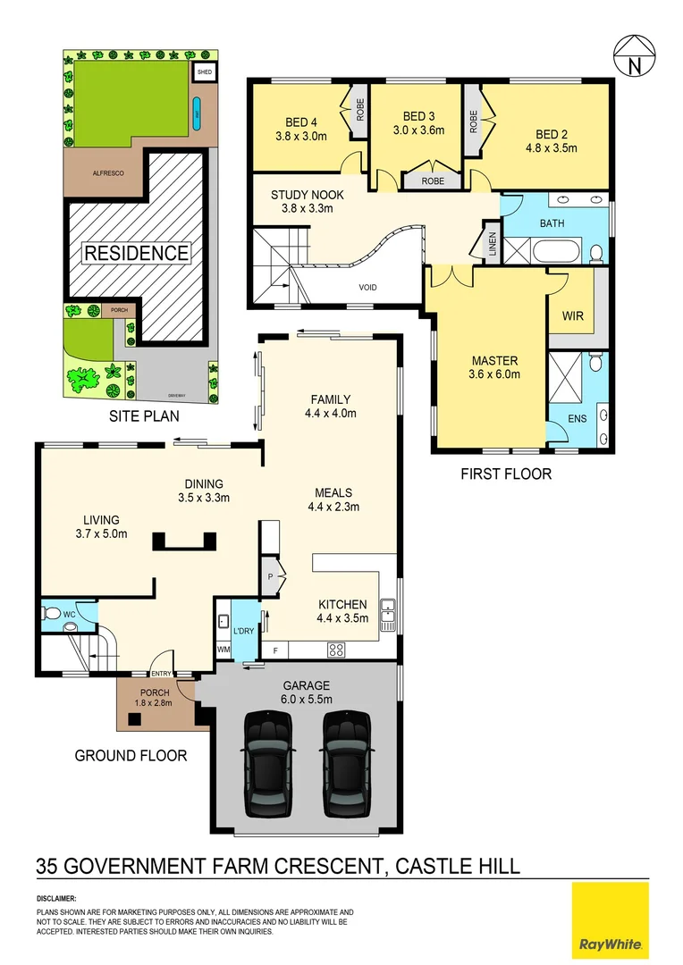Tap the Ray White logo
point(612,919)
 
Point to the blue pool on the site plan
point(196,113)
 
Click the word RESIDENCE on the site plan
point(136,253)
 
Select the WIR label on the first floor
point(572,316)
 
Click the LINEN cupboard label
point(491,243)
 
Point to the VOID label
point(367,288)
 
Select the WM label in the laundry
point(223,650)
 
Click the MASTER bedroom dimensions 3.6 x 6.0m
point(495,374)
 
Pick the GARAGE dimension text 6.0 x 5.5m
point(307,699)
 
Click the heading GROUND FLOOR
point(131,756)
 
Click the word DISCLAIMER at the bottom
point(56,897)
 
